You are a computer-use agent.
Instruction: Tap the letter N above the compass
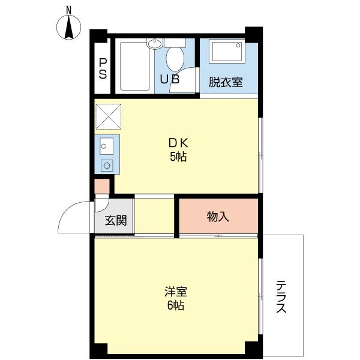[69, 10]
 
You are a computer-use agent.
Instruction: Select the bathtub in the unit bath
[134, 65]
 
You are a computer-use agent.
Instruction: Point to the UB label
[169, 79]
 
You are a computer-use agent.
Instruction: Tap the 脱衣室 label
[226, 82]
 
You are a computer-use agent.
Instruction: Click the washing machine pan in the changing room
[227, 52]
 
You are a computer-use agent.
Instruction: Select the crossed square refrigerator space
[108, 116]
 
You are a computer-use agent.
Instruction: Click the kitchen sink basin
[105, 146]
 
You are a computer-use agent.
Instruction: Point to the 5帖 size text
[178, 157]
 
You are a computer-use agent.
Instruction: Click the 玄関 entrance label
[116, 220]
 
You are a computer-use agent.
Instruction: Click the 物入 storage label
[218, 217]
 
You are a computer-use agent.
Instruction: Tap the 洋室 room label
[176, 292]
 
